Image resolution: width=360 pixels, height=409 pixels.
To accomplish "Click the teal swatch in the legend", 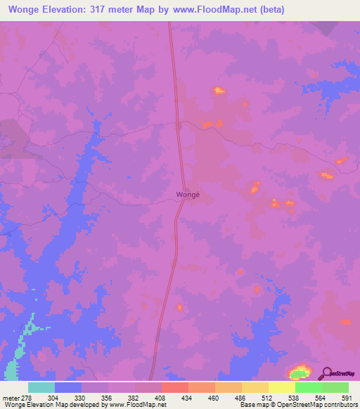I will (x=41, y=387).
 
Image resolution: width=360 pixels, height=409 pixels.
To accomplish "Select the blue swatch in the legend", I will (x=68, y=387).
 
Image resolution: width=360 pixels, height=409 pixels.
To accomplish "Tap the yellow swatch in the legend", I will (x=282, y=387).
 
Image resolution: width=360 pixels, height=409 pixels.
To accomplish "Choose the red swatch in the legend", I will (x=175, y=387).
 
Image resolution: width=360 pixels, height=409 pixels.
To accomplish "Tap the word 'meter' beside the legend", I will (x=11, y=398).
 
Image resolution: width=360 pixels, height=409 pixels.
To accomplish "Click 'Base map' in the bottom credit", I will (x=252, y=405).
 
